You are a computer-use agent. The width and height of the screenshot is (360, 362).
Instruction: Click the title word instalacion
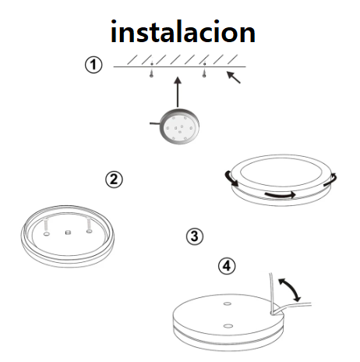coord(183,32)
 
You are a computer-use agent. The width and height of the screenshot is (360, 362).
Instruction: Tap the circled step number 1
coord(94,65)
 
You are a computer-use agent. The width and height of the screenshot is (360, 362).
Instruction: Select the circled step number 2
coord(114,179)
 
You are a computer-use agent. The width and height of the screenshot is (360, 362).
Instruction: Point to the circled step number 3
coord(195,236)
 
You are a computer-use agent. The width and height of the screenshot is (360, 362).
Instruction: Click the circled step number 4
coord(227,266)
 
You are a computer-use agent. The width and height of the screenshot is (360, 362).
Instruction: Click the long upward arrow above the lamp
coord(178,92)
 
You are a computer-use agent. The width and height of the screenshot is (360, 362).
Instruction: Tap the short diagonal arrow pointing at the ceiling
coord(234,77)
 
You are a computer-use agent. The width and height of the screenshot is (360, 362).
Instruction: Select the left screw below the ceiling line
coord(151,73)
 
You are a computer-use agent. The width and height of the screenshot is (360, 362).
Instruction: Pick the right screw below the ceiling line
coord(204,73)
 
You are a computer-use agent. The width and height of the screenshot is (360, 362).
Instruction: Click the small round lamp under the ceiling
coord(179,126)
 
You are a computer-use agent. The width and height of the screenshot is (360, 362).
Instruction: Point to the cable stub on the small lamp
coord(155,123)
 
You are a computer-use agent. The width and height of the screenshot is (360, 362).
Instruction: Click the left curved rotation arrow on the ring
coord(231,179)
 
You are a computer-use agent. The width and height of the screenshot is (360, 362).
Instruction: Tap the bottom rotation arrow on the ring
coord(280,194)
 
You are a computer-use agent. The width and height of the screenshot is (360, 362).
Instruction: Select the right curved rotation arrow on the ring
coord(331,179)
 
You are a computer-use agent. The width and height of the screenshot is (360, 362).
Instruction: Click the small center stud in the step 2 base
coord(68,232)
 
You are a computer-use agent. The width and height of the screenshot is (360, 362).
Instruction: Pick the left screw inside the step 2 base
coord(47,226)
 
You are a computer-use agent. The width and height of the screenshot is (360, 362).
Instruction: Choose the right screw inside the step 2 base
coord(89,225)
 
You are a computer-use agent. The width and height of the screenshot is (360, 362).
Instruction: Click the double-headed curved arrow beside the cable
coord(290,289)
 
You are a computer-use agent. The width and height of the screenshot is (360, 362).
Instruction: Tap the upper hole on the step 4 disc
coord(228,303)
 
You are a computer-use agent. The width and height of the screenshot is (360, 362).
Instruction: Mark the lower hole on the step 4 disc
coord(228,325)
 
